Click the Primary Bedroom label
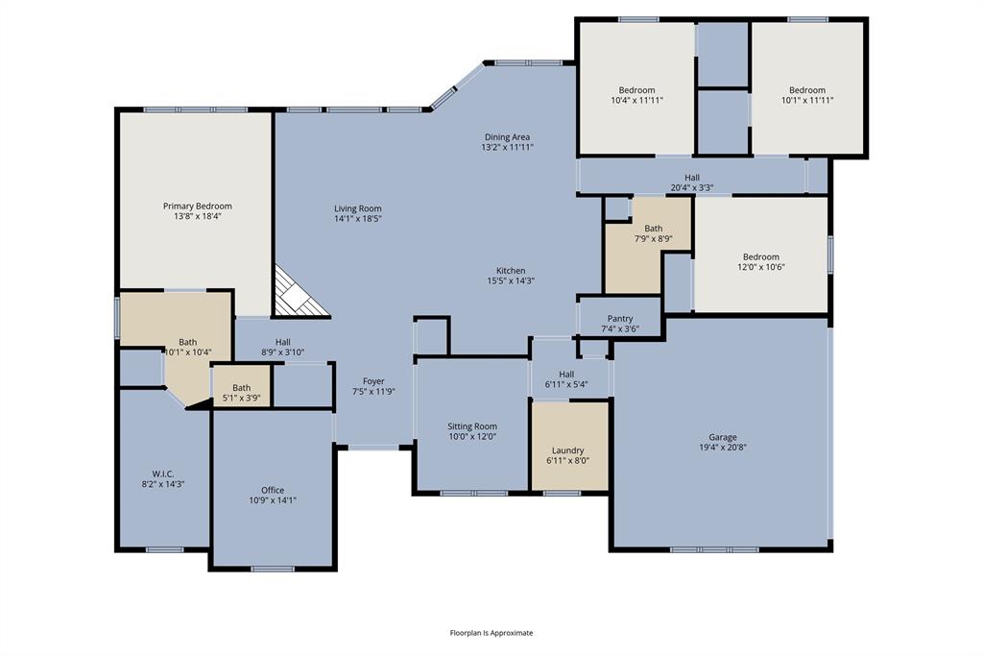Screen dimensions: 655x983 (197, 206)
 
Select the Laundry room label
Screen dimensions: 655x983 (568, 450)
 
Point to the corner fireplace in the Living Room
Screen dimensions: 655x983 (296, 295)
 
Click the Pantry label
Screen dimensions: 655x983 (620, 319)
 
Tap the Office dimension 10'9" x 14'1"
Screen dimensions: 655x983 (273, 500)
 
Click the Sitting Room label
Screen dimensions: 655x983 (472, 426)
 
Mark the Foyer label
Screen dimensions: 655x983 (373, 381)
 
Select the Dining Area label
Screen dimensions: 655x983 (507, 137)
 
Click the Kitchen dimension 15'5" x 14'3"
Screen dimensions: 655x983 (510, 281)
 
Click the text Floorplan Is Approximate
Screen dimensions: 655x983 (491, 633)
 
